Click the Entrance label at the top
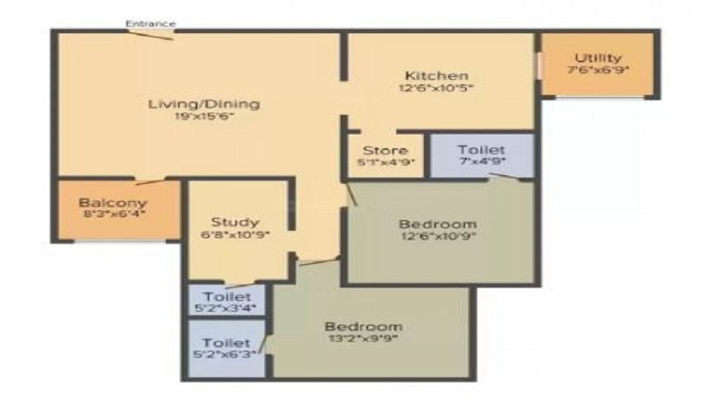tap(150, 23)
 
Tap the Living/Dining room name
tap(204, 104)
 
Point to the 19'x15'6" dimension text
tap(204, 117)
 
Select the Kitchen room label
tap(437, 75)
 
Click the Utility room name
tap(598, 58)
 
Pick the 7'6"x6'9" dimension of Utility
tap(598, 70)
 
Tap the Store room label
tap(385, 151)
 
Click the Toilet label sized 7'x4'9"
tap(481, 150)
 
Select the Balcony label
tap(112, 202)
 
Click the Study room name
tap(235, 222)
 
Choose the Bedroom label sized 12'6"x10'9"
tap(438, 224)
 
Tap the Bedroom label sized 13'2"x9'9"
tap(363, 326)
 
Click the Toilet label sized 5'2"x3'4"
tap(227, 296)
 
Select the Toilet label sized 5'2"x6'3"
tap(226, 343)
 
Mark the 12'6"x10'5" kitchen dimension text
tap(437, 87)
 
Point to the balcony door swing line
tap(150, 182)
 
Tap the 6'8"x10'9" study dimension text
tap(235, 234)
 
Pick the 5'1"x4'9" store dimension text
tap(385, 162)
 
